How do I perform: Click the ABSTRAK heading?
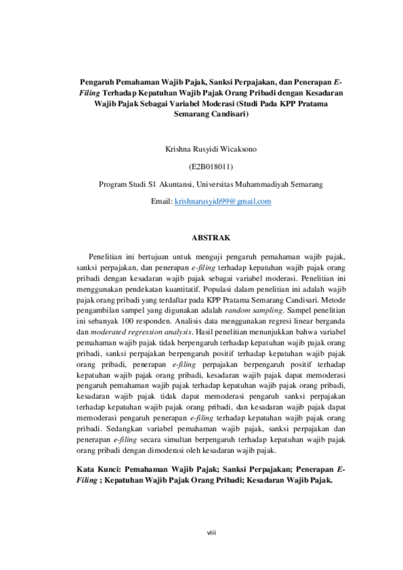(x=211, y=238)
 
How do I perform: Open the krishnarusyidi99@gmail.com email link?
(x=223, y=202)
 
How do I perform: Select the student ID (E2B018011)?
(x=211, y=167)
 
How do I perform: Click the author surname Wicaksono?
(x=238, y=149)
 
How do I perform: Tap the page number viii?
(x=211, y=533)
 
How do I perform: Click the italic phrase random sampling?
(x=254, y=311)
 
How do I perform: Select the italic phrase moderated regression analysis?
(x=141, y=332)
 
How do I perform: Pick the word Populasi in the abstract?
(x=215, y=290)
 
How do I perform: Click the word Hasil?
(x=203, y=332)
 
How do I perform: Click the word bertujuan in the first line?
(x=153, y=257)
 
